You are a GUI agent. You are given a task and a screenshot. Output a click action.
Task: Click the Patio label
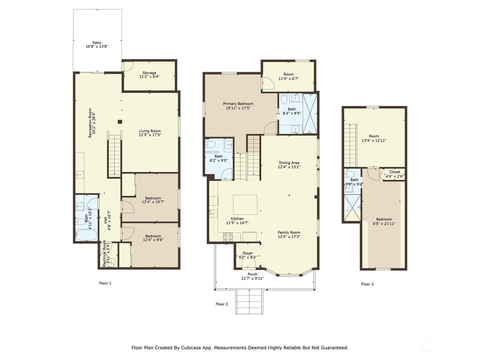pyautogui.click(x=97, y=43)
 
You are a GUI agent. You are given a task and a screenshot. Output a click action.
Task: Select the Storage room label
pyautogui.click(x=150, y=73)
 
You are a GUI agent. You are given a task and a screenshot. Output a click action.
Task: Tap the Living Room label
pyautogui.click(x=150, y=131)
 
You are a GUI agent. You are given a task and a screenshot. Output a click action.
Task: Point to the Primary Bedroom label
pyautogui.click(x=238, y=104)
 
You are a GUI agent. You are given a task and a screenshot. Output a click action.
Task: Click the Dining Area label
pyautogui.click(x=289, y=163)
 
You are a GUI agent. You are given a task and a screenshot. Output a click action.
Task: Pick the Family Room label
pyautogui.click(x=289, y=232)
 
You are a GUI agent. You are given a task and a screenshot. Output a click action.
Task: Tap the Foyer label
pyautogui.click(x=247, y=253)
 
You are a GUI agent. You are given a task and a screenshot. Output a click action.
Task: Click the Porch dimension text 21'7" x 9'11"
pyautogui.click(x=252, y=278)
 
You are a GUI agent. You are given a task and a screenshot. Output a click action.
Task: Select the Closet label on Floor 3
pyautogui.click(x=395, y=172)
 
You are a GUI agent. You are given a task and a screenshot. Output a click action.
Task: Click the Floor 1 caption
pyautogui.click(x=105, y=283)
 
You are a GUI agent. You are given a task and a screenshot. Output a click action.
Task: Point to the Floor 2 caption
pyautogui.click(x=222, y=304)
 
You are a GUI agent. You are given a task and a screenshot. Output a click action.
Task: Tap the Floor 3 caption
pyautogui.click(x=367, y=284)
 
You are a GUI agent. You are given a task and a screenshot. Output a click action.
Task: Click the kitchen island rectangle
pyautogui.click(x=245, y=204)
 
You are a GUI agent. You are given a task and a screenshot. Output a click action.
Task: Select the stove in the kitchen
pyautogui.click(x=228, y=238)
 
